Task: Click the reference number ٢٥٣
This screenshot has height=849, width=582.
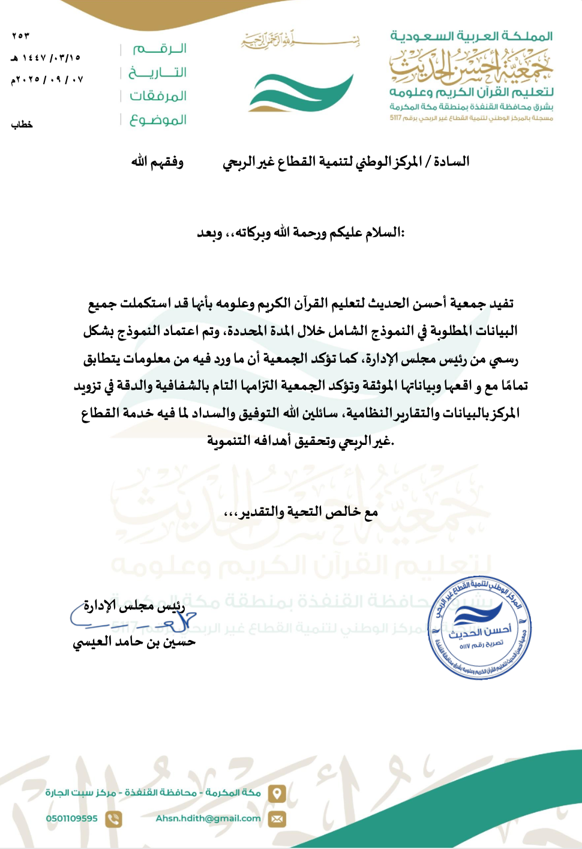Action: click(x=20, y=36)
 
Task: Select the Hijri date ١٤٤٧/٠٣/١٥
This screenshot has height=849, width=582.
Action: click(x=46, y=58)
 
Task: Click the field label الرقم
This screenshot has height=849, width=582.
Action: click(x=160, y=49)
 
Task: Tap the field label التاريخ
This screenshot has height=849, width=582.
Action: click(x=158, y=73)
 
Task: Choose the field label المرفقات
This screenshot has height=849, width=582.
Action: click(x=158, y=96)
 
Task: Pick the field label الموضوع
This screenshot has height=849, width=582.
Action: click(x=158, y=120)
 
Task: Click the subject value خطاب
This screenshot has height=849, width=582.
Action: click(x=22, y=124)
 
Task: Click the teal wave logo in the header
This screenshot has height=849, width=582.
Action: click(x=301, y=93)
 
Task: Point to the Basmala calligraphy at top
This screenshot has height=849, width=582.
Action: click(x=300, y=41)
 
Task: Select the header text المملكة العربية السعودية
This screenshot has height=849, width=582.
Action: click(x=471, y=36)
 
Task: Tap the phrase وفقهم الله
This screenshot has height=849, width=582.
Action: click(x=157, y=162)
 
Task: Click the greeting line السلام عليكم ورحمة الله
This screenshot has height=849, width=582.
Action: click(x=301, y=232)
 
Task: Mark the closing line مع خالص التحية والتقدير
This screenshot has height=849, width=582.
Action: click(x=301, y=512)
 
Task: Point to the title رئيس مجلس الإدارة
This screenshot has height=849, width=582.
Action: click(x=134, y=606)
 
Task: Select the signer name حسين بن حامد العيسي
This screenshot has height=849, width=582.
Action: click(x=134, y=642)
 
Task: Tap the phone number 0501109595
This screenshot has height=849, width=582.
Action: click(x=71, y=818)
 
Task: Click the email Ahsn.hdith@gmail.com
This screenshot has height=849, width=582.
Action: click(x=208, y=818)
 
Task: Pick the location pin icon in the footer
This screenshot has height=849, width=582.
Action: click(x=277, y=793)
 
